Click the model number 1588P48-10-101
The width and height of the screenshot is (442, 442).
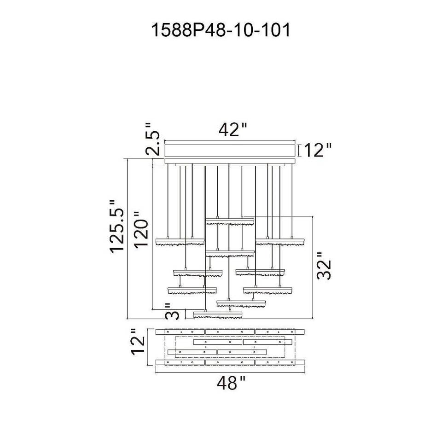point(221,31)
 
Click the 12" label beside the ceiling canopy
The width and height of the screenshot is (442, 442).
point(318,150)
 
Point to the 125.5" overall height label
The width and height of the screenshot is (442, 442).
point(117,225)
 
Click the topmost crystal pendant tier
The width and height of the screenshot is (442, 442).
point(230,221)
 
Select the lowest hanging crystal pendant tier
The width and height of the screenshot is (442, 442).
point(217,314)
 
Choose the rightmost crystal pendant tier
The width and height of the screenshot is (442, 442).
point(281,241)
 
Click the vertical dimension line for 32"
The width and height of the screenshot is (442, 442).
point(313,268)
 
